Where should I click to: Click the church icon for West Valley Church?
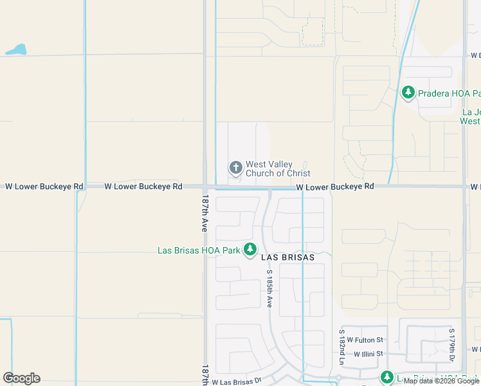(236, 168)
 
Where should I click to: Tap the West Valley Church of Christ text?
(278, 169)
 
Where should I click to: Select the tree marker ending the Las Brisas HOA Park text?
(250, 250)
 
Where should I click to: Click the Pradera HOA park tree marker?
(408, 93)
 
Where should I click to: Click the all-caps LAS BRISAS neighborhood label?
(287, 257)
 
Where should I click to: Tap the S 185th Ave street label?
(269, 288)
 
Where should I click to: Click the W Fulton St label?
(365, 340)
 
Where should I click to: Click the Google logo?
(21, 378)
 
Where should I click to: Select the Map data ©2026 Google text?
(442, 381)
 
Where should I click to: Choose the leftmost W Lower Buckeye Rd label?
(44, 187)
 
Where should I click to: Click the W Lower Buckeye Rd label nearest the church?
(335, 186)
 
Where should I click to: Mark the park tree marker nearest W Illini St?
(386, 377)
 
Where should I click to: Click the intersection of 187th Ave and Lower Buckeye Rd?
(206, 187)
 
